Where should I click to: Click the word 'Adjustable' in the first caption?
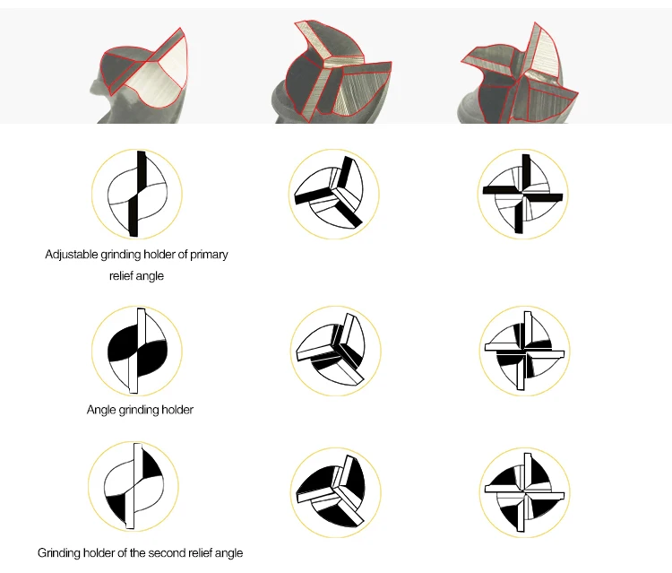click(x=71, y=255)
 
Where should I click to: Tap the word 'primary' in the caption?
click(x=209, y=255)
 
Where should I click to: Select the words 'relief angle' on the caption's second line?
click(x=136, y=276)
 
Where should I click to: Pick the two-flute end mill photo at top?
click(x=139, y=75)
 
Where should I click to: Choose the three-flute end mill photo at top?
click(x=332, y=72)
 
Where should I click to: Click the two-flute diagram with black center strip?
click(x=137, y=194)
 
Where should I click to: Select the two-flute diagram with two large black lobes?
click(x=137, y=351)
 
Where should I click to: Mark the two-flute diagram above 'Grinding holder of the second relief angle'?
click(x=134, y=486)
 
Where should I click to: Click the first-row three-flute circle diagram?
click(x=333, y=194)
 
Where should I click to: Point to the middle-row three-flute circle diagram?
click(x=336, y=351)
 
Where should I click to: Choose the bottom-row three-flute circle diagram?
click(x=336, y=492)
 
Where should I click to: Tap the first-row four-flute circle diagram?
click(x=523, y=194)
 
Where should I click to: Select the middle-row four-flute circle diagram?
click(x=525, y=351)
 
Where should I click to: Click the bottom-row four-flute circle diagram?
click(x=525, y=492)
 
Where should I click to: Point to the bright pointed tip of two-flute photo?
click(x=180, y=29)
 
